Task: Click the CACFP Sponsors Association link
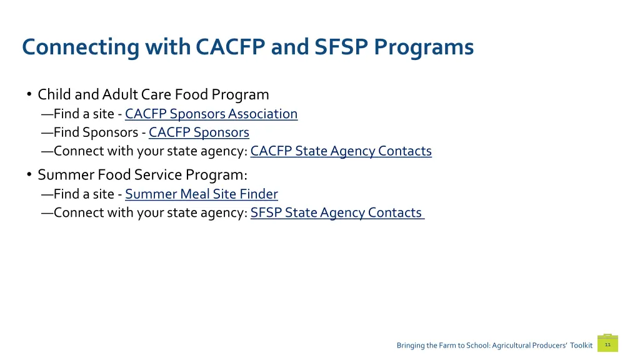(x=211, y=114)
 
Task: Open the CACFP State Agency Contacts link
(x=341, y=151)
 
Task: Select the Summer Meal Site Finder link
(x=201, y=194)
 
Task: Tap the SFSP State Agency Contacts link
(x=336, y=213)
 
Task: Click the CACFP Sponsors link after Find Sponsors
(x=199, y=132)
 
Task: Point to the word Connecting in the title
(x=80, y=47)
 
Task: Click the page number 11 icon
(x=607, y=344)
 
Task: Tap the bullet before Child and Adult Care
(x=29, y=95)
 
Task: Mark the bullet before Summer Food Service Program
(x=29, y=175)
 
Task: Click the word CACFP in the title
(x=231, y=47)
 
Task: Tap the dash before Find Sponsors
(x=47, y=132)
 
